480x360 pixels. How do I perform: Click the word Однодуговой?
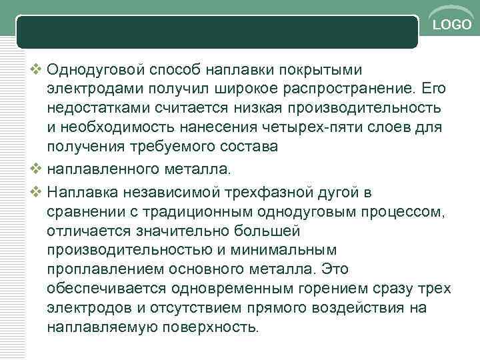98,69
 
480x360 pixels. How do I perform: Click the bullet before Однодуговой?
36,69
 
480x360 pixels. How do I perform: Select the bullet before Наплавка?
36,192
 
